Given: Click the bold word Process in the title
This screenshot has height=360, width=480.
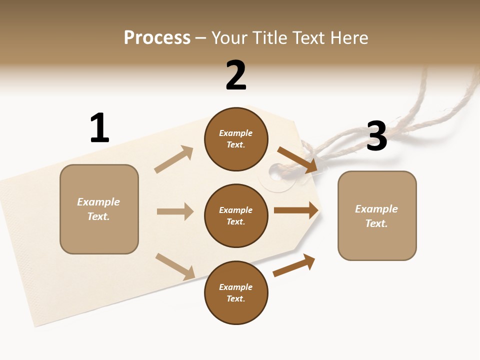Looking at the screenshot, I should click(157, 38).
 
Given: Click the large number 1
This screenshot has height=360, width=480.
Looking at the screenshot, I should click(99, 128).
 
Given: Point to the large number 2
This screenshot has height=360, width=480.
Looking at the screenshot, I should click(236, 76).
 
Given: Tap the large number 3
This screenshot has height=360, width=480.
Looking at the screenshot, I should click(376, 136).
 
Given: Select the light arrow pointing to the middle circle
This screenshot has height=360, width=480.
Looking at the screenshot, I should click(175, 211).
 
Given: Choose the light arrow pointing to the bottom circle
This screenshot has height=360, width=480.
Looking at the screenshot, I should click(175, 266).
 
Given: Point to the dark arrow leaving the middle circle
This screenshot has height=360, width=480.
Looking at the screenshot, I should click(296, 210).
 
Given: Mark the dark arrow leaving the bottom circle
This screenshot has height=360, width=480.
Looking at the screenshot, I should click(294, 265).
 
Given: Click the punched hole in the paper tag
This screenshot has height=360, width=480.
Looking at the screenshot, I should click(275, 173).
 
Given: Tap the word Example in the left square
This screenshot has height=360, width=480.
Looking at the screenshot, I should click(98, 202).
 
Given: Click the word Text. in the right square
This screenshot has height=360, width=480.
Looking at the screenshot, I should click(376, 223).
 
